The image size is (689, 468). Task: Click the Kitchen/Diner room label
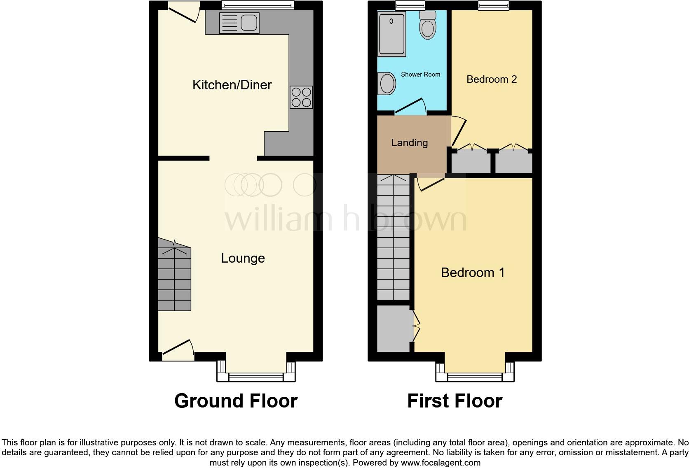[x=232, y=85]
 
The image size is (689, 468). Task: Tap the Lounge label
[x=243, y=258]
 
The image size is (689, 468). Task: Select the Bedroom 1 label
[x=473, y=272]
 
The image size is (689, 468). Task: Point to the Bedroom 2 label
[x=492, y=79]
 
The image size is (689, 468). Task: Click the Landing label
[x=409, y=142]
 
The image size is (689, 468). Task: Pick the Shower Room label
[x=420, y=75]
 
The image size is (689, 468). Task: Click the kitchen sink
[x=239, y=22]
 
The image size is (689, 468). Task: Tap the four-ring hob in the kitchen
[x=301, y=97]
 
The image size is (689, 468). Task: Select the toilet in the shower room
[x=427, y=26]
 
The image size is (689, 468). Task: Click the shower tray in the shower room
[x=391, y=34]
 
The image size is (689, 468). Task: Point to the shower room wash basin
[x=387, y=84]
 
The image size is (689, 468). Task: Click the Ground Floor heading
[x=236, y=401]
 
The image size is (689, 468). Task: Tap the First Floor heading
[x=455, y=401]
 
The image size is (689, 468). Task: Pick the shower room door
[x=410, y=105]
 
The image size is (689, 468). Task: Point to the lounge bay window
[x=256, y=375]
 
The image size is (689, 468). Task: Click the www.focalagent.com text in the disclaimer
[x=441, y=462]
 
